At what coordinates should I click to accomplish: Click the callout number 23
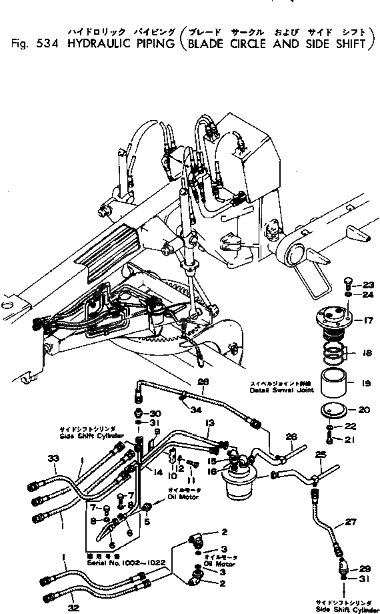tap(369, 285)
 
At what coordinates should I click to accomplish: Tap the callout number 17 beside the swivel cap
tap(368, 320)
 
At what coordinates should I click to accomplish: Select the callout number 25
tap(320, 454)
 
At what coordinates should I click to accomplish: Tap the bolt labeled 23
tap(349, 284)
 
